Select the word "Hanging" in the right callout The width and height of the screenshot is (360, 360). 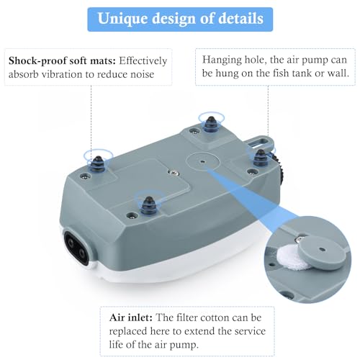click(225, 60)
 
